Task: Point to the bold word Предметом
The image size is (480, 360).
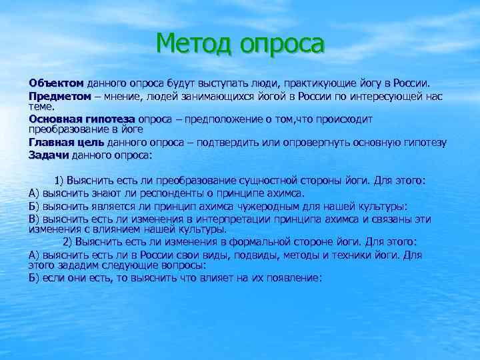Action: pos(59,96)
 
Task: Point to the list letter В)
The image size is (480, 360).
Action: pos(35,219)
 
